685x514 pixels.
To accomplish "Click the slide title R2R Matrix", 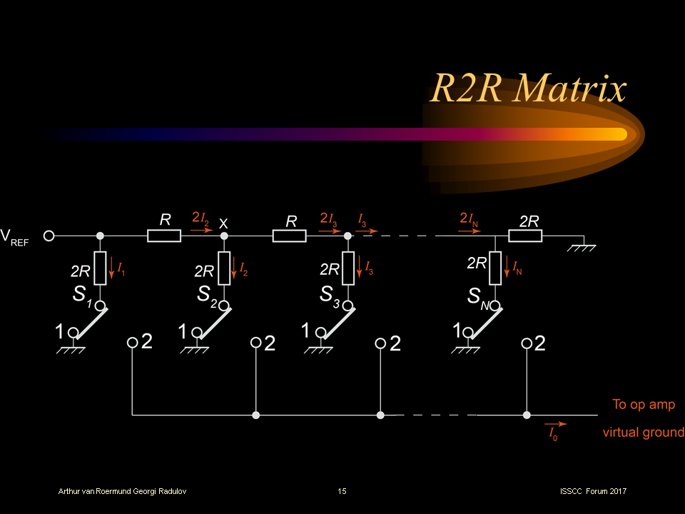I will point(527,89).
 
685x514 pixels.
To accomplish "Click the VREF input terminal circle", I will point(49,236).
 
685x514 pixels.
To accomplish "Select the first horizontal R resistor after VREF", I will point(164,236).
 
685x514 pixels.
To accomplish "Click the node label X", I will point(223,223).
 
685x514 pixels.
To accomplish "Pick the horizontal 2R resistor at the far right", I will point(525,236).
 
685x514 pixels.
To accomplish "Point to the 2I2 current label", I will point(201,218).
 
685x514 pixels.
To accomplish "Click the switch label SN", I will point(478,294).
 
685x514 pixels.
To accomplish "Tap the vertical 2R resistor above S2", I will point(225,268).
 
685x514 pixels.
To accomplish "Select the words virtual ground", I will point(643,433).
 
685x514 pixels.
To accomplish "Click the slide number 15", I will point(342,491).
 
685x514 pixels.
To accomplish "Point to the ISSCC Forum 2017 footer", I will point(594,491).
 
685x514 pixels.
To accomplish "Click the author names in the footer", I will point(123,491).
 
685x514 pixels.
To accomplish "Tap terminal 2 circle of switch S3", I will point(380,343).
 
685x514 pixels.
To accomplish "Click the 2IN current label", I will point(470,218).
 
